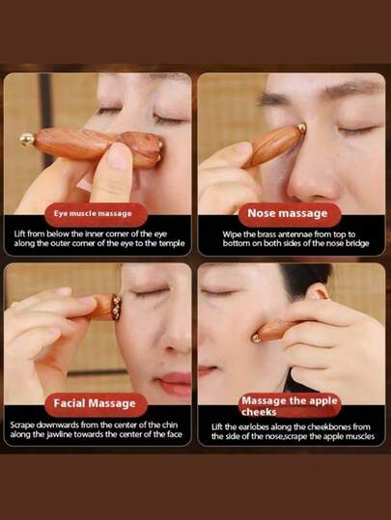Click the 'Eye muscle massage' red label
[96, 214]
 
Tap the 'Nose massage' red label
[289, 214]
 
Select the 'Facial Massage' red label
[96, 404]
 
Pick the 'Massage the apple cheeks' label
[290, 405]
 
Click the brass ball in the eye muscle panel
[27, 139]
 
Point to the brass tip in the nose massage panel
[302, 127]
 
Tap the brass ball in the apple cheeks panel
[256, 338]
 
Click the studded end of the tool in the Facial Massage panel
[116, 307]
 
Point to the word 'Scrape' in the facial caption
[22, 425]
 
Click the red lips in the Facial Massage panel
[174, 383]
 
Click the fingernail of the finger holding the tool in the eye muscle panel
[119, 156]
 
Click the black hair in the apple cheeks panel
[307, 276]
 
